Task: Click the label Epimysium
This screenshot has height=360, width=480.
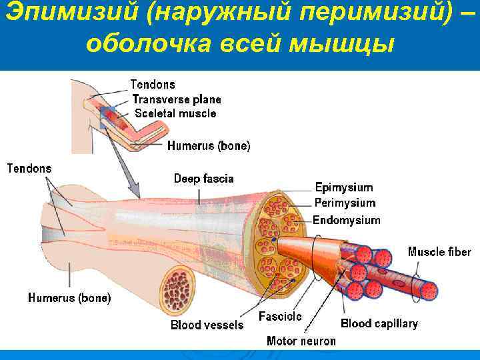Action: click(343, 188)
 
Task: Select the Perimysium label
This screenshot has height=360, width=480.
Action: click(345, 203)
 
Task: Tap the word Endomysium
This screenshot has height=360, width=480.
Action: click(347, 220)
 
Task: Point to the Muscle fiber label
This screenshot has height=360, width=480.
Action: click(439, 252)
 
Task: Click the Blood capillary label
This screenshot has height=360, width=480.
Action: click(379, 324)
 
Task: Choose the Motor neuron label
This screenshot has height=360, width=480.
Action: click(301, 341)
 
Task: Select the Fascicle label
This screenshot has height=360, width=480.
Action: click(280, 316)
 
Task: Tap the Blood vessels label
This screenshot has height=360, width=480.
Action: click(207, 325)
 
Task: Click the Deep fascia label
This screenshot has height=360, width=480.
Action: click(204, 179)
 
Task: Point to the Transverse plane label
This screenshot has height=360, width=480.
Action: click(177, 99)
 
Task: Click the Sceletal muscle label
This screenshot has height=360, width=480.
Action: click(175, 113)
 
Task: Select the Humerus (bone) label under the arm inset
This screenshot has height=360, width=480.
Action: click(209, 146)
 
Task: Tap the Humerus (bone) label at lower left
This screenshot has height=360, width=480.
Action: click(69, 298)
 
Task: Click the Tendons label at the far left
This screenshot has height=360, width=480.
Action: click(29, 168)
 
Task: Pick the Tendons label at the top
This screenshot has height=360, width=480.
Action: click(153, 85)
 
